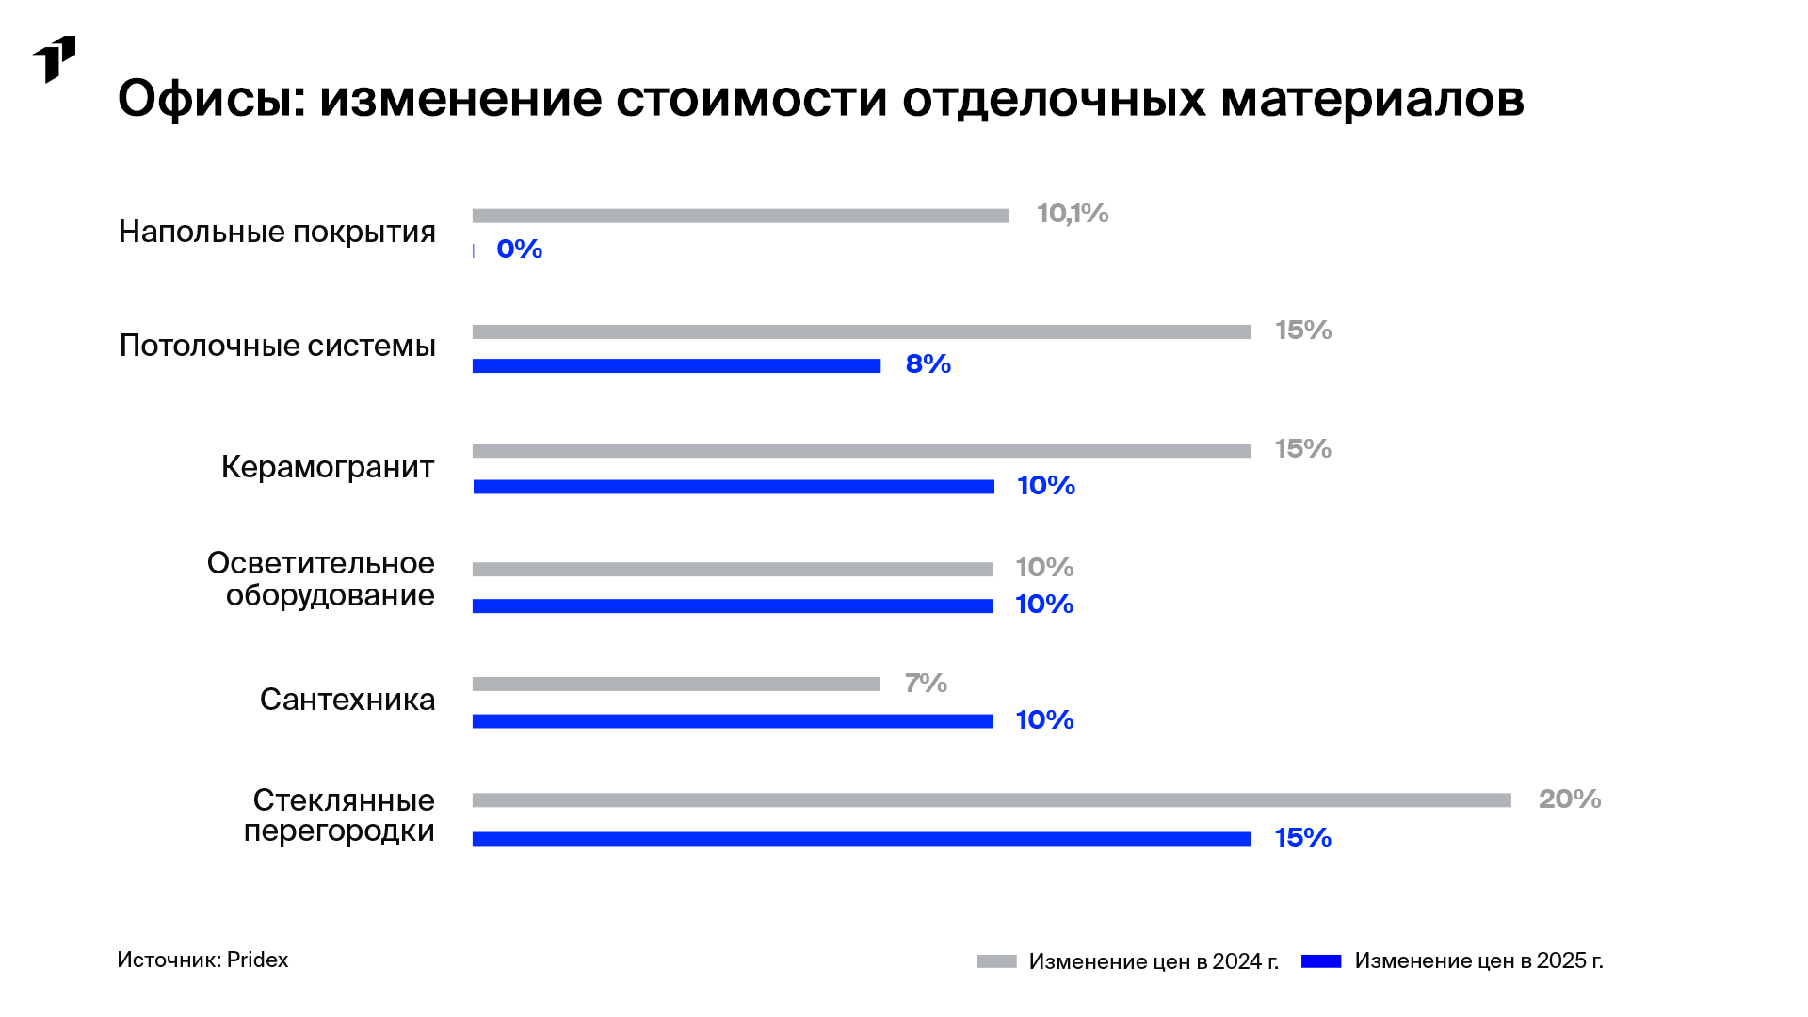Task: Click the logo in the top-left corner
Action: [x=54, y=59]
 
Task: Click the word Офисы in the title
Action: [x=212, y=98]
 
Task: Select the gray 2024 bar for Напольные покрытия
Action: [x=740, y=216]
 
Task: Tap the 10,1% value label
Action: [x=1073, y=214]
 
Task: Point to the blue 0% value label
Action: [x=520, y=250]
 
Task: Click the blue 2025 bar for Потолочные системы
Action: [x=676, y=365]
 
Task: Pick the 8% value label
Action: [x=928, y=364]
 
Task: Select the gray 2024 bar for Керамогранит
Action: [x=862, y=450]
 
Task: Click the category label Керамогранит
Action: [x=328, y=467]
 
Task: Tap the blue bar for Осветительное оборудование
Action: [x=733, y=605]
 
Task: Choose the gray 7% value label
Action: [x=926, y=683]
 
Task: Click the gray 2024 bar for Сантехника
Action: [x=676, y=685]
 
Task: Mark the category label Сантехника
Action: [x=347, y=700]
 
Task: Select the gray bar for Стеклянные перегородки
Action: [x=992, y=800]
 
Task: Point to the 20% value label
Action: [x=1570, y=799]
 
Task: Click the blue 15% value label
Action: [x=1303, y=838]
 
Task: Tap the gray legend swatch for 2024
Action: [x=996, y=961]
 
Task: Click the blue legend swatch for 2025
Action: [x=1321, y=961]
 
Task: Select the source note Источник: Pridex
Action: [x=202, y=960]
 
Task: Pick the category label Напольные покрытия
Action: [x=277, y=232]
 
